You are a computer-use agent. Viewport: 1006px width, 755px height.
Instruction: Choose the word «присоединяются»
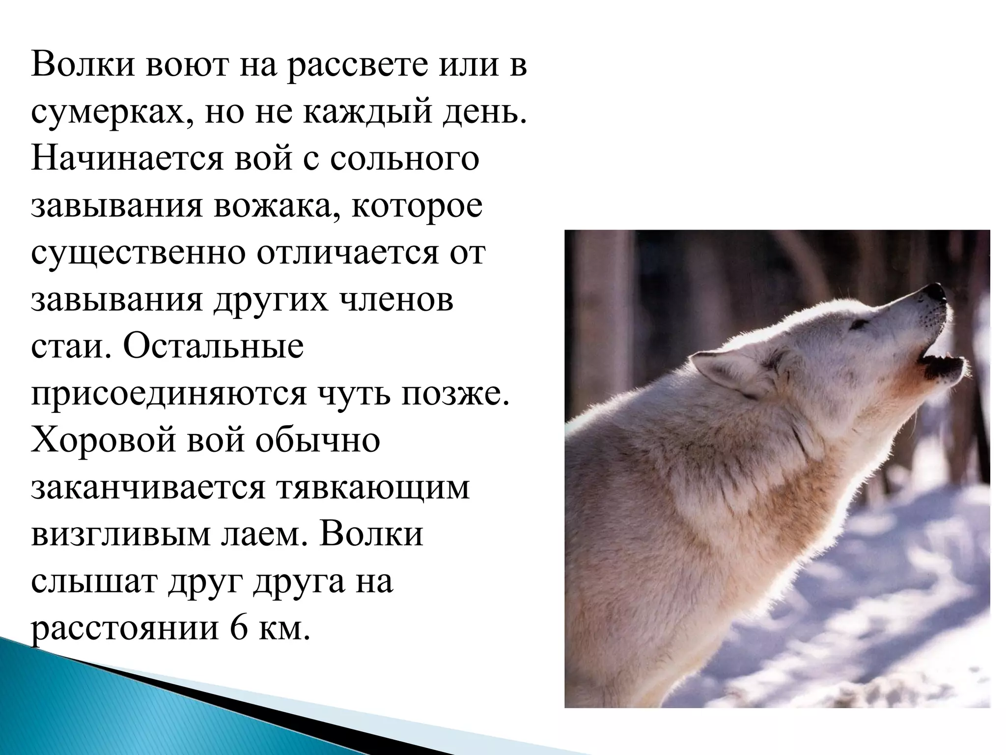pos(168,395)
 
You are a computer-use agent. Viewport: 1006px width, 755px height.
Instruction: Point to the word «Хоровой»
pos(104,441)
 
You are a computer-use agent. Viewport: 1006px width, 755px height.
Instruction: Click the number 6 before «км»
pos(239,629)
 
